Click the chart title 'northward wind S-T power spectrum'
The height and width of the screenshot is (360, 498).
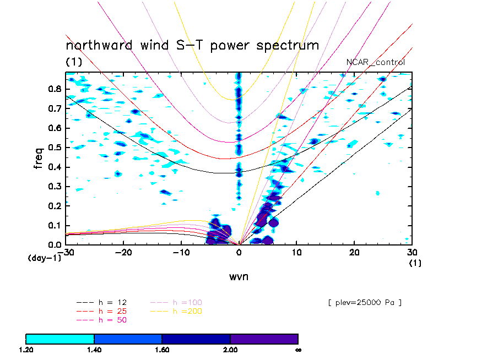tap(192, 45)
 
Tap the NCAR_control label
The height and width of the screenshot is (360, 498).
tap(376, 62)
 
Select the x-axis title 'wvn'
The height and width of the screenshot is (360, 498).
tap(239, 276)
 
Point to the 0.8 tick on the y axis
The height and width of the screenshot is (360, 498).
tap(54, 89)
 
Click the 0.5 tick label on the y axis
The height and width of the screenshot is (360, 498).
tap(54, 148)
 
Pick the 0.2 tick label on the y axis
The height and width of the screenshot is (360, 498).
tap(54, 206)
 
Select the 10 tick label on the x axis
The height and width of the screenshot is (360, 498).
tap(297, 252)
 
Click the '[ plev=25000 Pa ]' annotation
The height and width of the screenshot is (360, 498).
tap(364, 302)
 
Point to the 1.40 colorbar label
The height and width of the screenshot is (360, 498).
tap(94, 350)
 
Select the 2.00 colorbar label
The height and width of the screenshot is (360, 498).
tap(230, 350)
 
